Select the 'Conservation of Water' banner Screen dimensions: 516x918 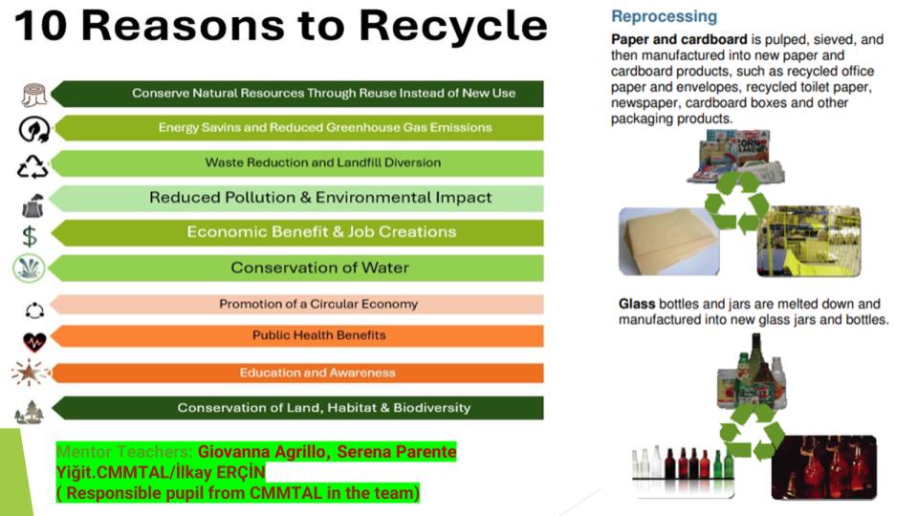coord(319,268)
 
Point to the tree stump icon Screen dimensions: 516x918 coord(34,95)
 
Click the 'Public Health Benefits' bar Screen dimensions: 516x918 coord(319,335)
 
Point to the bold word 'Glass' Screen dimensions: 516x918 coord(637,304)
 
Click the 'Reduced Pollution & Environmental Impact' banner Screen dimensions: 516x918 coord(320,198)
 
